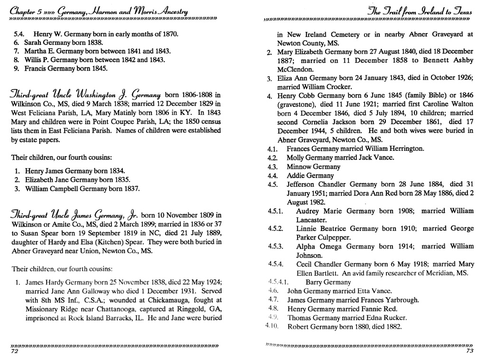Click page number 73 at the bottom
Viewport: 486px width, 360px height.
470,351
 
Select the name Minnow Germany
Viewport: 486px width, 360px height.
314,167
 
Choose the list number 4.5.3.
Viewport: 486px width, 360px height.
275,246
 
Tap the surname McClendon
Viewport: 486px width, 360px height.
295,69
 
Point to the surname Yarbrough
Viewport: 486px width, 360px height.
401,300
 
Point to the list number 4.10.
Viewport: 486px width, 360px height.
272,327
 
